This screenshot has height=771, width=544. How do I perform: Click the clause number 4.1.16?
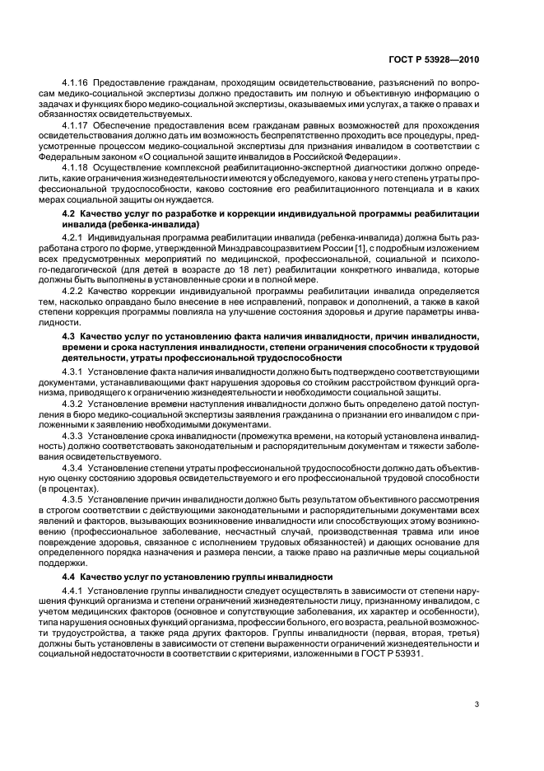[76, 83]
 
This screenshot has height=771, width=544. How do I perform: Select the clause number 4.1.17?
[76, 124]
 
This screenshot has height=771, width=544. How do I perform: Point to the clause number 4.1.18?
[76, 166]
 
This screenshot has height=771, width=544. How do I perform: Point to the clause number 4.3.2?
[73, 404]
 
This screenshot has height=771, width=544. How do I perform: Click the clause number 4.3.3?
[73, 436]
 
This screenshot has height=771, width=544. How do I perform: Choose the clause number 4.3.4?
[73, 468]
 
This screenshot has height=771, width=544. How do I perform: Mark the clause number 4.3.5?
[73, 500]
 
